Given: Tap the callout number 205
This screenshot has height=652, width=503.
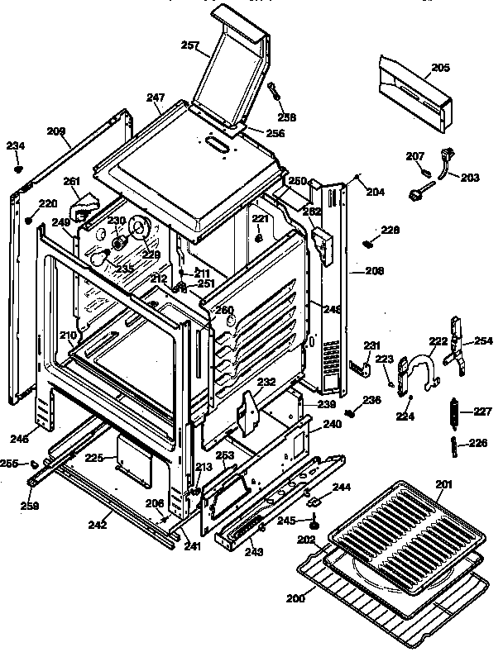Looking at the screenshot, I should click(x=440, y=69).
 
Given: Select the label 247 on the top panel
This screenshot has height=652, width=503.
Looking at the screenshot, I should click(x=156, y=98).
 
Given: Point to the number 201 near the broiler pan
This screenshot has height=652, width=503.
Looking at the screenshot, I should click(x=444, y=483).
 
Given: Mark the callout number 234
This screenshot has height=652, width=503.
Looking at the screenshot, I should click(x=16, y=146).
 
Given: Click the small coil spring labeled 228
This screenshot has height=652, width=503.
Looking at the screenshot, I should click(x=368, y=243).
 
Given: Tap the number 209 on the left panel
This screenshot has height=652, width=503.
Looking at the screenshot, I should click(x=56, y=131).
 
